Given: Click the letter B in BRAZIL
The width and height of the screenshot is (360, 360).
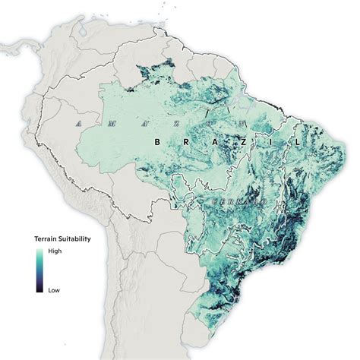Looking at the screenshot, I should click(157, 141).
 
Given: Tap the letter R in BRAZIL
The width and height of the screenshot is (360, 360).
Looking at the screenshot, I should click(182, 142).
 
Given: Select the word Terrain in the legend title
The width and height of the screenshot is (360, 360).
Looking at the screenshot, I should click(46, 238).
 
